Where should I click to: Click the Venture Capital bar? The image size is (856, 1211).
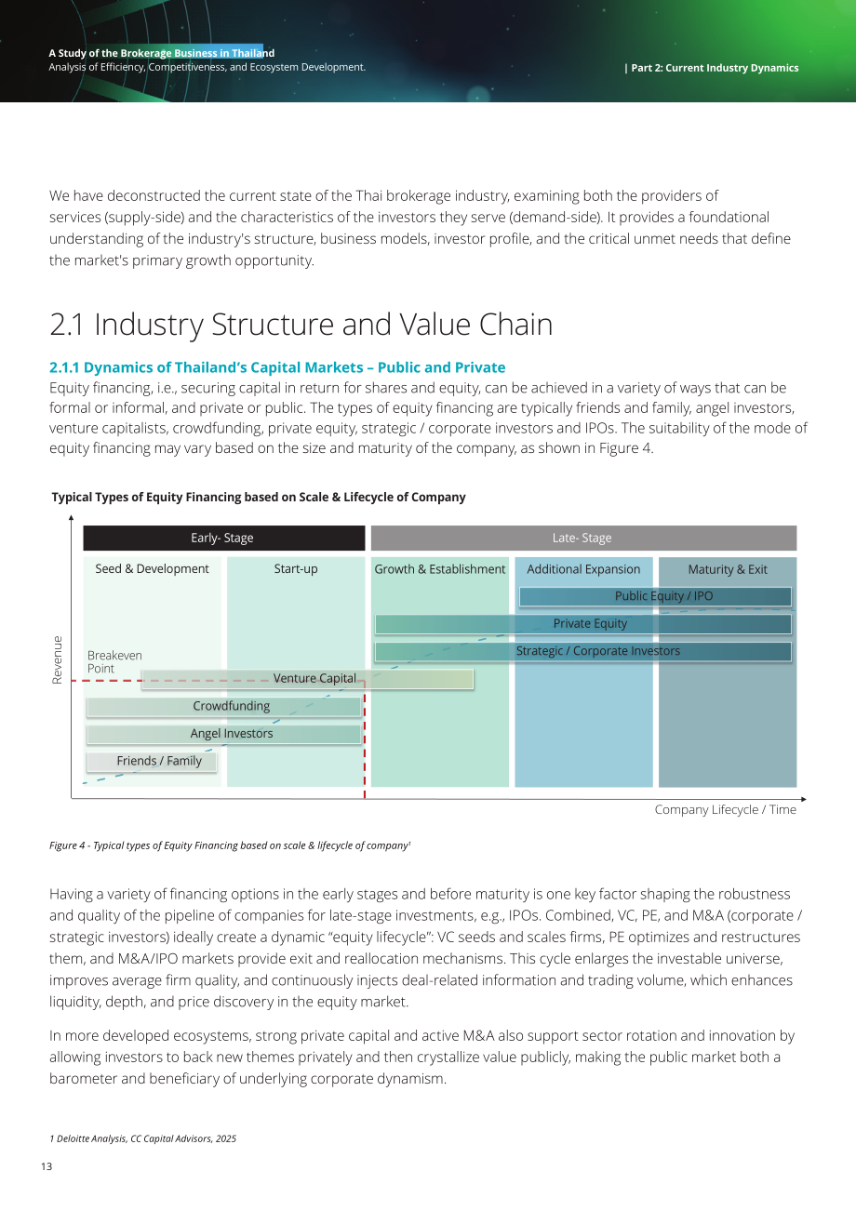tap(307, 679)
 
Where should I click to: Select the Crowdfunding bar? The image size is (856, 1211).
tap(224, 707)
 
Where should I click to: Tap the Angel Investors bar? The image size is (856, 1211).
tap(224, 734)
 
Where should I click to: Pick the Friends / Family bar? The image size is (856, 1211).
tap(152, 761)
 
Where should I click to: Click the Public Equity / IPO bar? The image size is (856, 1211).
tap(655, 596)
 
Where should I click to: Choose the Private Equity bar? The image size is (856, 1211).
tap(583, 624)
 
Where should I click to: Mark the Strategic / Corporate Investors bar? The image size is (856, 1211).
tap(583, 651)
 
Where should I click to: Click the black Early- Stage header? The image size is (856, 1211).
tap(224, 538)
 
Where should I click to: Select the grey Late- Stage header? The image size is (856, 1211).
tap(583, 538)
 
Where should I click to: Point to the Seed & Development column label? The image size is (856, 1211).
tap(152, 568)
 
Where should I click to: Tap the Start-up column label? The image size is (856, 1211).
tap(296, 568)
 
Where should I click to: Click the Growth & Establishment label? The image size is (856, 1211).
tap(439, 569)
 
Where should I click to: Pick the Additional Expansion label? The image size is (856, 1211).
tap(583, 569)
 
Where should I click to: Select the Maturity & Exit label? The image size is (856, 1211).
tap(728, 569)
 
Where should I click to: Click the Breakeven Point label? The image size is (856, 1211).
tap(114, 661)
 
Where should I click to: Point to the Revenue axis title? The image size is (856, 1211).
tap(57, 660)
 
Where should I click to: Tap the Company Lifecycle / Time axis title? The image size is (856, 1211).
tap(725, 809)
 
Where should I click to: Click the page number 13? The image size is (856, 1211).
tap(47, 1166)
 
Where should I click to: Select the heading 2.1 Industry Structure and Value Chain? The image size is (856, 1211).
tap(301, 325)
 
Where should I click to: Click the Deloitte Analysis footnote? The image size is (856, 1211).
tap(142, 1138)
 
